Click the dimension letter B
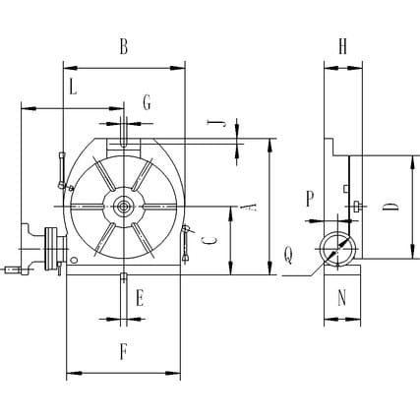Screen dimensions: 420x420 click(x=124, y=46)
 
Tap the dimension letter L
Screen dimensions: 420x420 click(x=73, y=88)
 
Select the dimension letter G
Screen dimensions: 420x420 click(x=147, y=102)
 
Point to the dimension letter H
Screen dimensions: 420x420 click(x=342, y=46)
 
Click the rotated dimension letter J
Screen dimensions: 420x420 click(x=217, y=123)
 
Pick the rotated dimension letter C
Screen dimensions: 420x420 click(x=209, y=240)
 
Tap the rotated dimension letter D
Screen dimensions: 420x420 click(x=390, y=207)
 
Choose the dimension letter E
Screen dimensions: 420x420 click(x=140, y=298)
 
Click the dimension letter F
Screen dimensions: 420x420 click(x=124, y=352)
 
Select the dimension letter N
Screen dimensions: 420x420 click(x=342, y=298)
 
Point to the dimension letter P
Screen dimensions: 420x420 click(x=310, y=199)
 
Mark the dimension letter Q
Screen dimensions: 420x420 click(x=288, y=256)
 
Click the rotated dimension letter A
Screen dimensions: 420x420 click(x=248, y=207)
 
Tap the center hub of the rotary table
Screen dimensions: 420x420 click(x=124, y=207)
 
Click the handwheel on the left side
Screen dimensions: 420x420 click(x=51, y=249)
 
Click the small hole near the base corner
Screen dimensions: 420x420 click(x=74, y=260)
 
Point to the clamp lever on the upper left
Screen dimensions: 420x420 click(x=62, y=170)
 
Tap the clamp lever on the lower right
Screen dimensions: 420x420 click(x=186, y=243)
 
